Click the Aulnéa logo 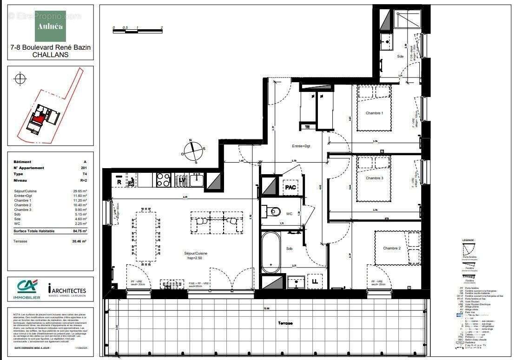click(50, 26)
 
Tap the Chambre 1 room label click(375, 113)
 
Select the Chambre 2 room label click(392, 249)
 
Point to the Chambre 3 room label click(375, 178)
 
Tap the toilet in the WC click(275, 212)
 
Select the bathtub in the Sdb click(271, 252)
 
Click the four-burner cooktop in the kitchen click(163, 179)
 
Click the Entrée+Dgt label click(300, 146)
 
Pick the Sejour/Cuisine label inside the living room click(196, 253)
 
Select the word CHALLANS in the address click(50, 54)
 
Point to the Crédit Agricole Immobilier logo click(26, 289)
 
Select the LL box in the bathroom click(315, 281)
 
